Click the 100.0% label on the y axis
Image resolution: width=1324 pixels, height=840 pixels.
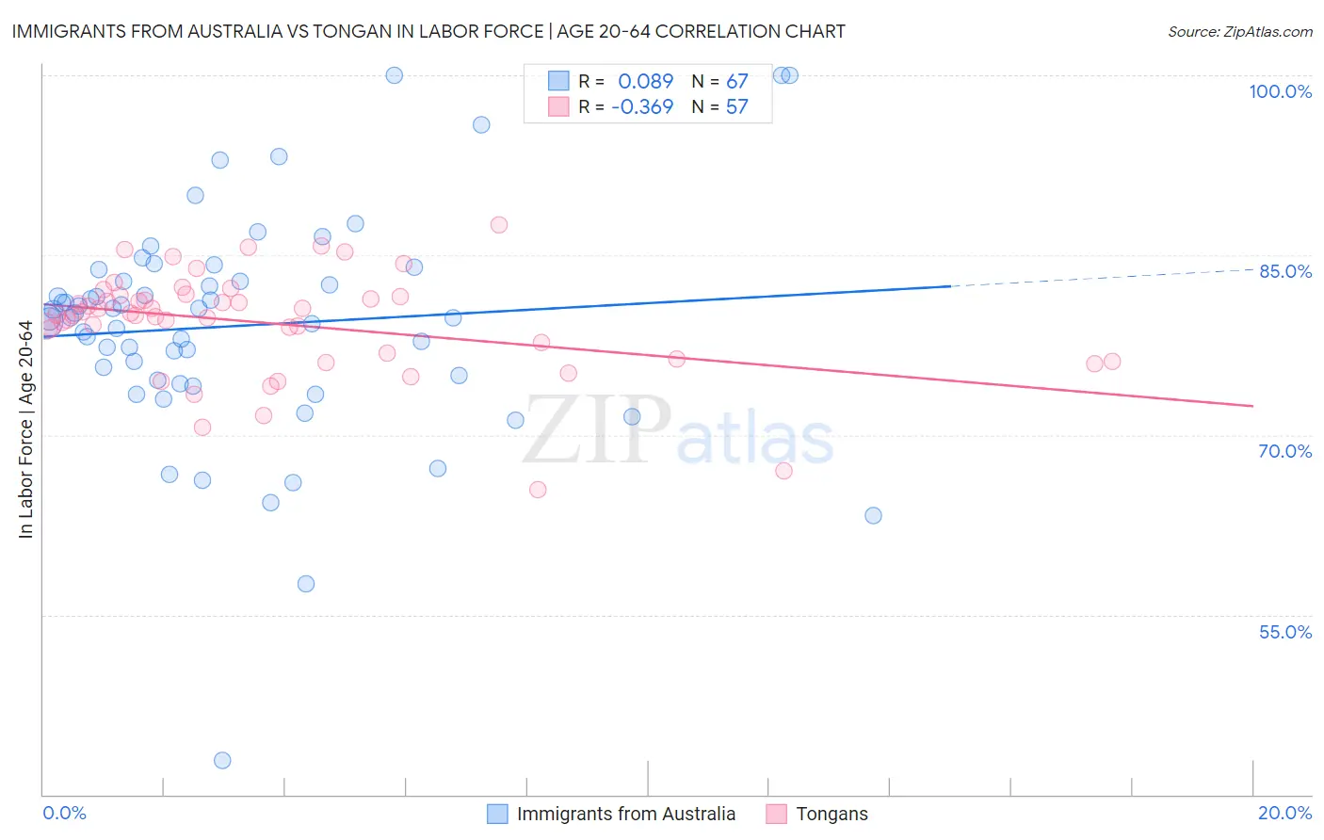(x=1280, y=91)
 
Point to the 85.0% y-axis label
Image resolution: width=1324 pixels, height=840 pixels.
(x=1284, y=271)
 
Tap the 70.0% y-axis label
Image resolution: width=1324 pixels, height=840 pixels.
(x=1284, y=451)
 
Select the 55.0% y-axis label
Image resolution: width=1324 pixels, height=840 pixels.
(x=1284, y=632)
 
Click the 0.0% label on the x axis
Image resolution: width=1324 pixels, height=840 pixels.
(x=64, y=813)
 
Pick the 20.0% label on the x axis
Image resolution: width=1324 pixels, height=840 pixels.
(x=1284, y=813)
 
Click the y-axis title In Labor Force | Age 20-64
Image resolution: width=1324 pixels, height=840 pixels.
(x=25, y=429)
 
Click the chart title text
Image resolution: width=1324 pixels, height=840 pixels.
(x=428, y=31)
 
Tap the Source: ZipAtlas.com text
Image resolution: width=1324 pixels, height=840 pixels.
(x=1239, y=32)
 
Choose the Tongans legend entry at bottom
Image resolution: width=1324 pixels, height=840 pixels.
(x=832, y=814)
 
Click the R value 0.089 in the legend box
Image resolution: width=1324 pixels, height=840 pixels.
(x=645, y=82)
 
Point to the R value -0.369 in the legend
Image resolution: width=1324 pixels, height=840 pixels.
(x=642, y=107)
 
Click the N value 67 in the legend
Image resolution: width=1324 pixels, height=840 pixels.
(x=736, y=82)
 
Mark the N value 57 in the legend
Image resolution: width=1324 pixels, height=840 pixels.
(x=736, y=107)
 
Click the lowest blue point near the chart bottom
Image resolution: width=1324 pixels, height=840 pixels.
(x=222, y=760)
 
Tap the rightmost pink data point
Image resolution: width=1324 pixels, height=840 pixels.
(x=1112, y=362)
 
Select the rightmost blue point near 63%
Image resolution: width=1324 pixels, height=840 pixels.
(x=873, y=515)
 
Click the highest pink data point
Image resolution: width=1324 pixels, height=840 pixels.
(x=499, y=224)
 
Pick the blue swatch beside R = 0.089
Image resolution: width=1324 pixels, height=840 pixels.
(x=558, y=81)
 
